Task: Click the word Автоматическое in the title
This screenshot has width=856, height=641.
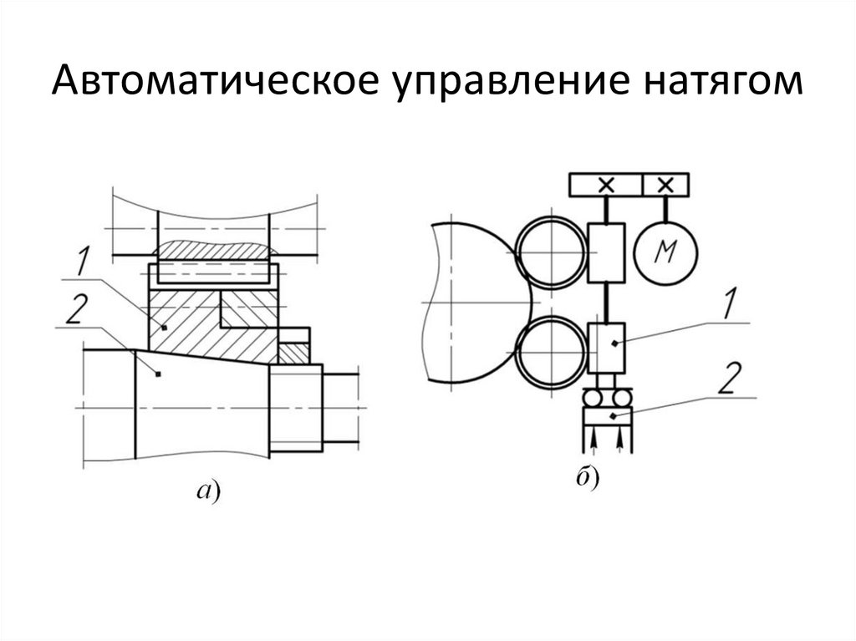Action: point(196,84)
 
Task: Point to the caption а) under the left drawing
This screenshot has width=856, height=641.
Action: point(206,493)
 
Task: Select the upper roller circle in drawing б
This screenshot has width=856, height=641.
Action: point(551,253)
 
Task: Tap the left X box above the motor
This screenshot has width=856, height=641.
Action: point(606,185)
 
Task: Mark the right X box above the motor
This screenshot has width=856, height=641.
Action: point(666,185)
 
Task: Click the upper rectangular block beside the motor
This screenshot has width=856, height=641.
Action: point(607,252)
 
